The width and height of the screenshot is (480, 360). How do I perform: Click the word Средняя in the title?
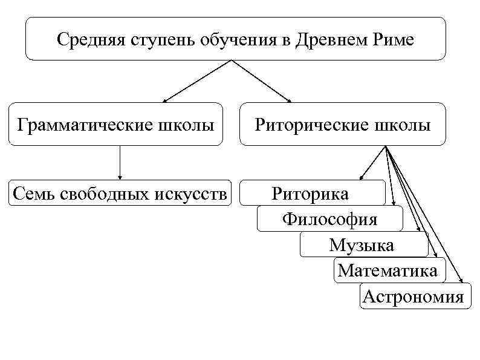85,39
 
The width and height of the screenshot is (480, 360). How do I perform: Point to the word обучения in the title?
236,39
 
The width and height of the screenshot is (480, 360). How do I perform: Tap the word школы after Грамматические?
188,125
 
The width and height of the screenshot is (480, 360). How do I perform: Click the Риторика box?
310,194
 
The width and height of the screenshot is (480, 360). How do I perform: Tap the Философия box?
329,219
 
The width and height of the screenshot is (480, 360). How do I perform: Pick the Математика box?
388,270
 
